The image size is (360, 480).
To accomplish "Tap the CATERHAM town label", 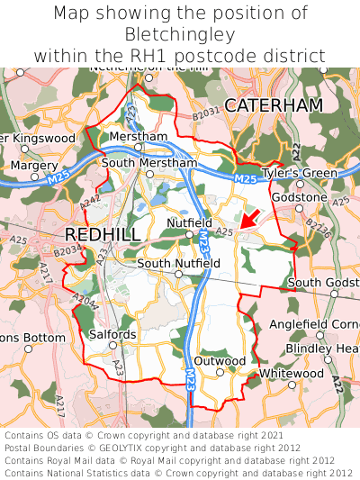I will click(273, 105).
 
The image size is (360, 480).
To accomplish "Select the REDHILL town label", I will click(103, 234).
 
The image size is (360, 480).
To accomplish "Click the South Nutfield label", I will click(178, 263).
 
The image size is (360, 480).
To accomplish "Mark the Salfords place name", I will click(112, 334).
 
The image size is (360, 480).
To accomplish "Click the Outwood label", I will click(220, 361).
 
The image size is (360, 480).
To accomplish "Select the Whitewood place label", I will click(291, 373).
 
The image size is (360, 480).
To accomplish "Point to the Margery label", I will click(32, 166).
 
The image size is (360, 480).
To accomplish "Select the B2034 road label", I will click(66, 255).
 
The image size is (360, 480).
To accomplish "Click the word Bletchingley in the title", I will click(180, 35).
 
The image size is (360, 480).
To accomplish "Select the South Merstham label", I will click(148, 163).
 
